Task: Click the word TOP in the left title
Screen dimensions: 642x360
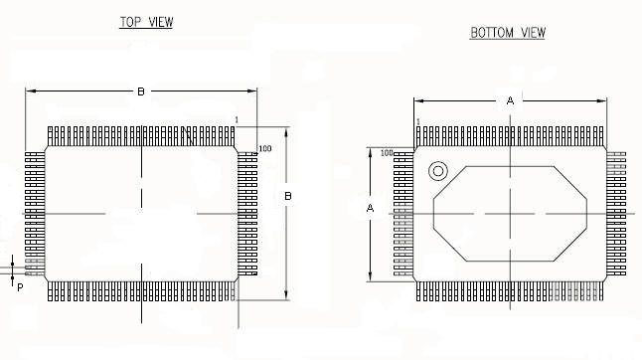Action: point(130,22)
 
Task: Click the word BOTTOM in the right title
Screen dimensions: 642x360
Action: point(492,33)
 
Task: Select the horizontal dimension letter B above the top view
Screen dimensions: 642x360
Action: point(141,91)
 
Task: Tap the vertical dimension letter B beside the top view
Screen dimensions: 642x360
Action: point(288,196)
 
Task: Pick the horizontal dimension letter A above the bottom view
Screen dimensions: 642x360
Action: point(510,100)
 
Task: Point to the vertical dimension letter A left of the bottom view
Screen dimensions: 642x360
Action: point(370,208)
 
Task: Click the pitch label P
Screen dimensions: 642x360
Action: point(20,288)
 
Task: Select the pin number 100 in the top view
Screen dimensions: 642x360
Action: point(265,148)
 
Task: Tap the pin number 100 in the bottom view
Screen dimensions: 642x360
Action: point(387,153)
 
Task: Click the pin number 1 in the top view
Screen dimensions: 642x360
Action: point(237,120)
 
